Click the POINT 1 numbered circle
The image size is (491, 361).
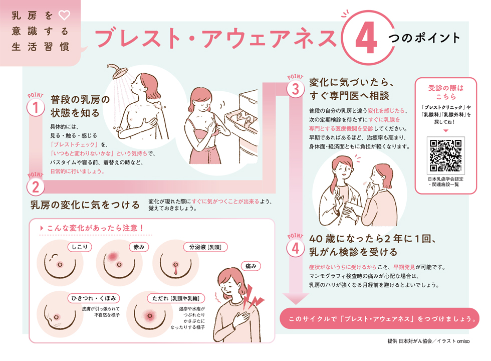[x=36, y=107]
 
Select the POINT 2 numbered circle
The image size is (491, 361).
[x=36, y=188]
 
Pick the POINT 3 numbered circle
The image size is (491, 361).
[x=296, y=89]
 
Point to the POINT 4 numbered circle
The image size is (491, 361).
[x=296, y=247]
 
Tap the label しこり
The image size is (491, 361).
[x=80, y=247]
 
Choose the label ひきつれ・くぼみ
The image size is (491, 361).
[x=93, y=299]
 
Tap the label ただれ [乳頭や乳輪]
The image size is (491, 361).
[x=175, y=299]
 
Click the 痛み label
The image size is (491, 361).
[x=252, y=266]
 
